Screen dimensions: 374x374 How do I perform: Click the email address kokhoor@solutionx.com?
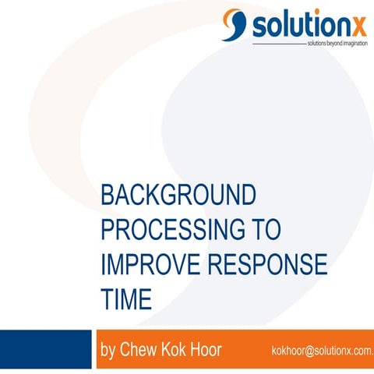(322, 351)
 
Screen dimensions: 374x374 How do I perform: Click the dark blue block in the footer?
(46, 350)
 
